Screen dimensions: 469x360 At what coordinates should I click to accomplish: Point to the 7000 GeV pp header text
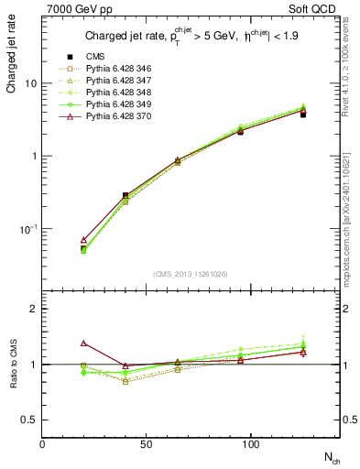click(x=72, y=9)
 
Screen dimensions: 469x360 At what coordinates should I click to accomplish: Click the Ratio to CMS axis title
click(x=13, y=365)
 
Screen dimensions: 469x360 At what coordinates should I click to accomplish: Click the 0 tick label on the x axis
click(x=42, y=444)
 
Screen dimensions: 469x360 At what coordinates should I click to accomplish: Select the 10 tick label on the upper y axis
click(x=30, y=83)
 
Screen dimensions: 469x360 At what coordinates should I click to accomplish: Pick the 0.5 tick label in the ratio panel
click(x=28, y=420)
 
